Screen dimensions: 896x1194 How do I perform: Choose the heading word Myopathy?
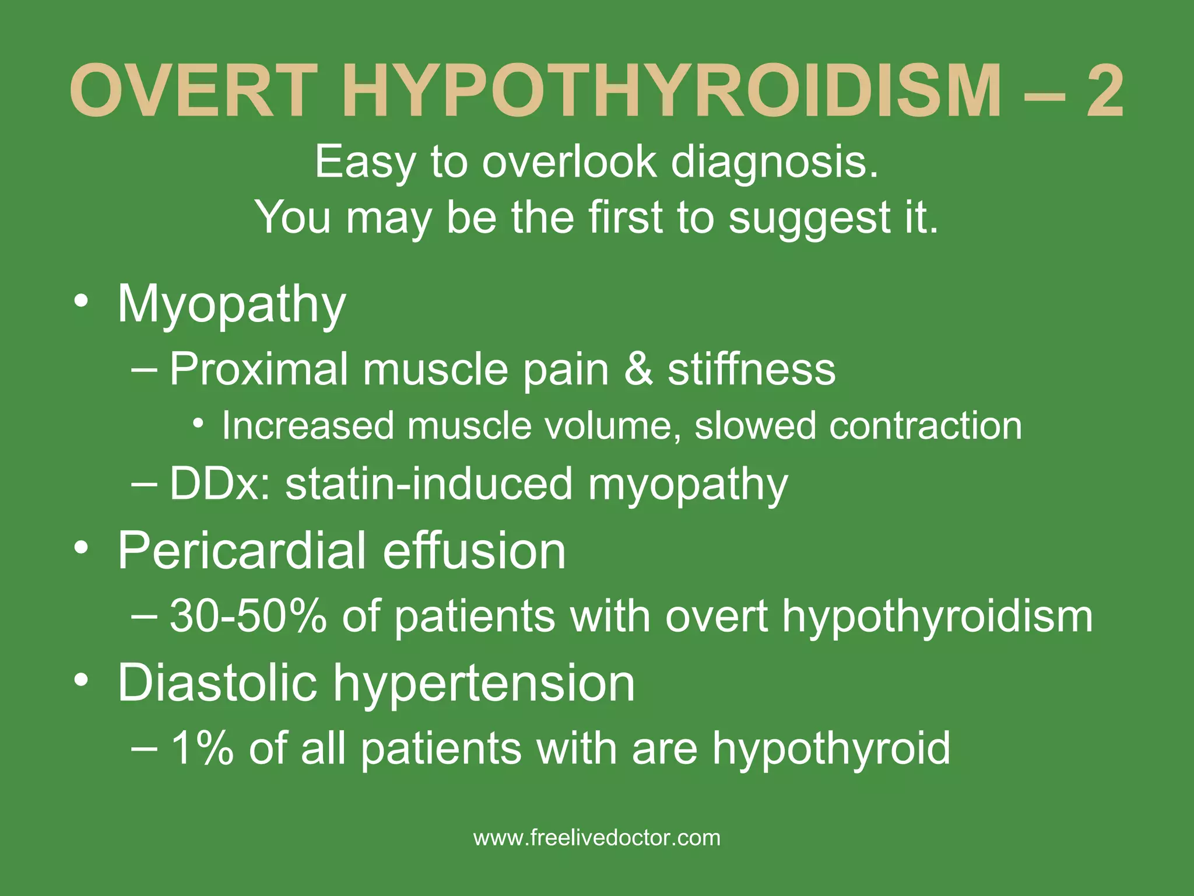point(231,304)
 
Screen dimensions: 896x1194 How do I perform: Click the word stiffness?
point(751,369)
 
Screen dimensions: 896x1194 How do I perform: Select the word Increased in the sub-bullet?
point(308,426)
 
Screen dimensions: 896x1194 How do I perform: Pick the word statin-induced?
point(429,484)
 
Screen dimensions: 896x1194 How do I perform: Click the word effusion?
point(475,551)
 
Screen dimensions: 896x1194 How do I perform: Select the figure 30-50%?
point(248,617)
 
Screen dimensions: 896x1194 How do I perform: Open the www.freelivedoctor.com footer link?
point(597,838)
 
